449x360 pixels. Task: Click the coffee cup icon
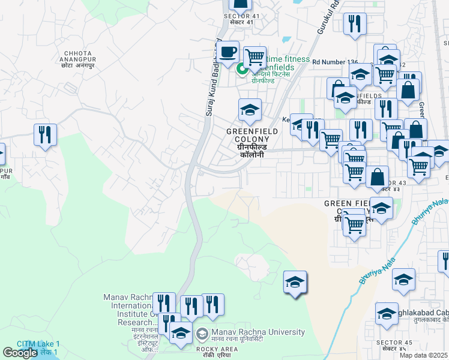228,52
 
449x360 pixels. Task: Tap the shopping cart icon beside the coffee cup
255,58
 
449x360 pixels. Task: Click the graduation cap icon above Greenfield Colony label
250,110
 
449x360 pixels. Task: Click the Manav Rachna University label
258,333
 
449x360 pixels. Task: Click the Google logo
20,353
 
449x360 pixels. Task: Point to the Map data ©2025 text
424,355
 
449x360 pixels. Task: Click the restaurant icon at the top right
355,24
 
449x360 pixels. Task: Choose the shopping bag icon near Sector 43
377,176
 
